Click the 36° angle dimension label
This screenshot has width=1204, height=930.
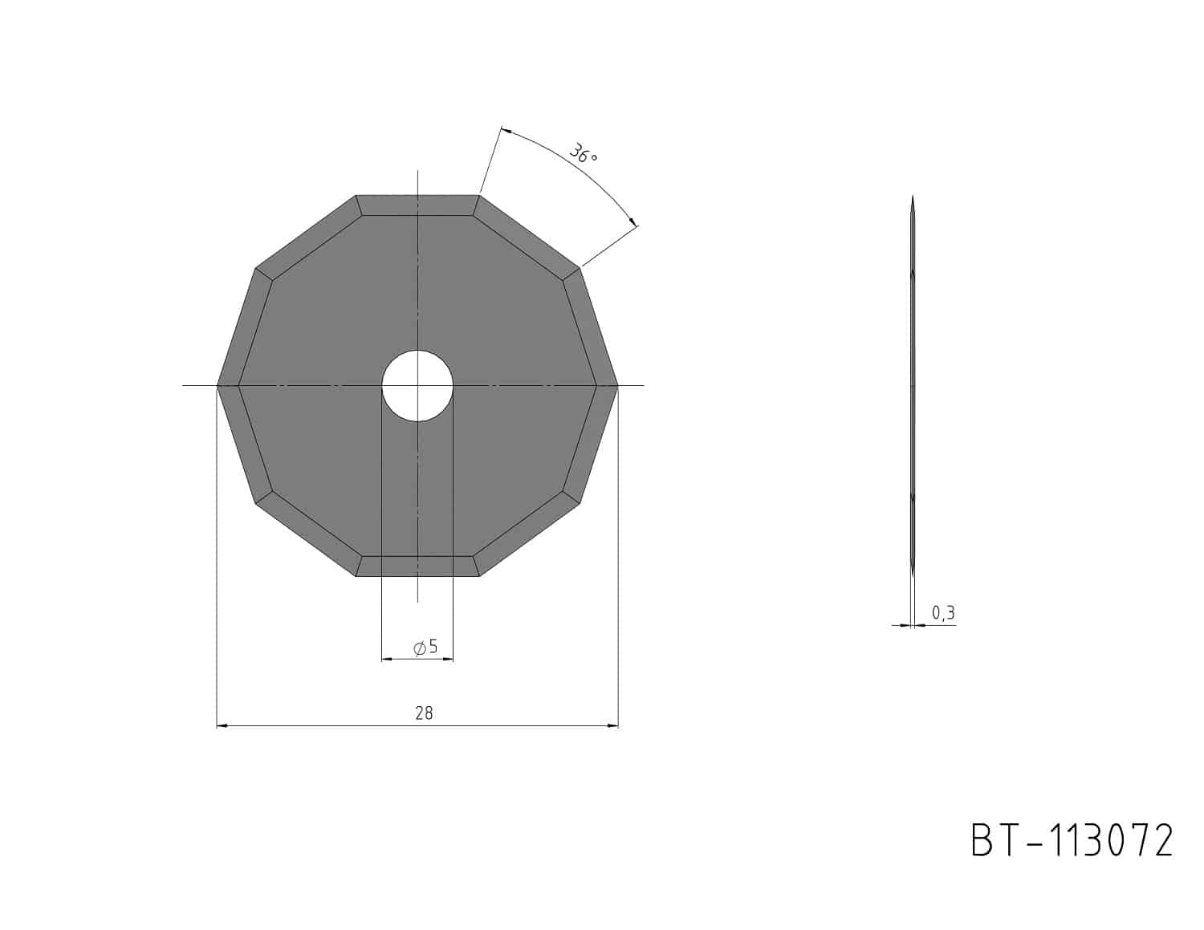tap(584, 153)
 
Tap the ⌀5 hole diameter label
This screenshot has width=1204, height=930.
tap(425, 647)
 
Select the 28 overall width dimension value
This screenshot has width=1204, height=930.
tap(424, 713)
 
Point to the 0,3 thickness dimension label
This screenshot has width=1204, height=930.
tap(943, 612)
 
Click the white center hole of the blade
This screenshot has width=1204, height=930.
tap(417, 385)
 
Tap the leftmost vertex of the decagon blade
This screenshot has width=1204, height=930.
tap(218, 385)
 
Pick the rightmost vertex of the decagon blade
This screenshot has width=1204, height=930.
tap(617, 385)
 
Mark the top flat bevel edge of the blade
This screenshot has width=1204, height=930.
tap(417, 205)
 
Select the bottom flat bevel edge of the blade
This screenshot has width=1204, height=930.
tap(417, 566)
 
